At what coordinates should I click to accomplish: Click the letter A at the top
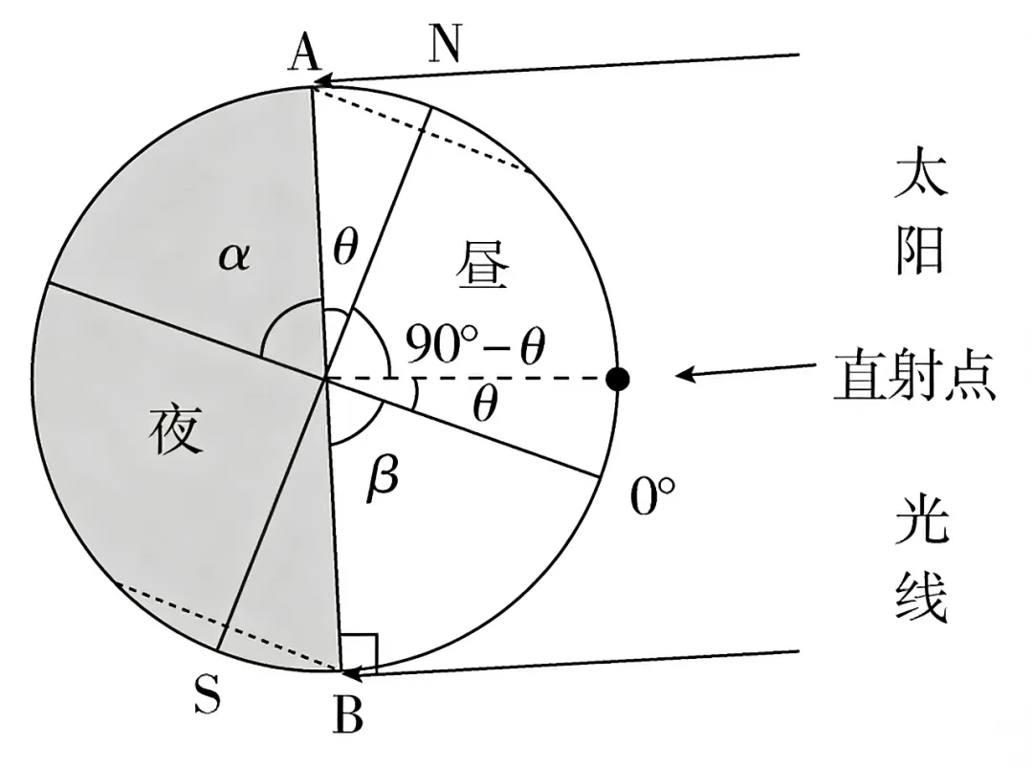point(304,53)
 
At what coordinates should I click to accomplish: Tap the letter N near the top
point(446,43)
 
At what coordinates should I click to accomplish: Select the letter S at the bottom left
point(208,694)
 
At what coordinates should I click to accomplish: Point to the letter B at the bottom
point(348,715)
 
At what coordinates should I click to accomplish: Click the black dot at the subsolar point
point(617,379)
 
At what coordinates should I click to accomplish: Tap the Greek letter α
point(234,256)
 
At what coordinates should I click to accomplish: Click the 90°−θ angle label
point(475,344)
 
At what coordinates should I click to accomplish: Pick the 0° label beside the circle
point(652,494)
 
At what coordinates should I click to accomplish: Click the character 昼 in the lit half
point(483,264)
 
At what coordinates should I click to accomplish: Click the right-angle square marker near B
point(359,652)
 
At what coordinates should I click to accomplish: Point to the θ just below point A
point(345,248)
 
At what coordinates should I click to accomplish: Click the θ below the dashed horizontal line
point(486,404)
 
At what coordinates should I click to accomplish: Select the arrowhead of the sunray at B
point(355,672)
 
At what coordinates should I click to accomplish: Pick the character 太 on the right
point(920,174)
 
